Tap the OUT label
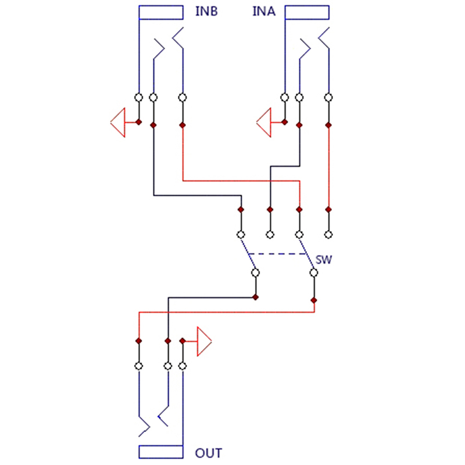pos(209,453)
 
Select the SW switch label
pos(324,260)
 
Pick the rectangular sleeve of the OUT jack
pos(163,452)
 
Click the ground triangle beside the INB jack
pos(119,123)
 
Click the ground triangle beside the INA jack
pos(264,123)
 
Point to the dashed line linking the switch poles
pos(277,254)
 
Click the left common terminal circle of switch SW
pos(255,272)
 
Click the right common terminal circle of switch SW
pos(314,272)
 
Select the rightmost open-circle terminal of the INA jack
pos(328,97)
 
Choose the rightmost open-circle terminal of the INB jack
pos(183,97)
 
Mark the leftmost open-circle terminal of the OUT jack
pos(139,366)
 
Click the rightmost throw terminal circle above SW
pos(328,234)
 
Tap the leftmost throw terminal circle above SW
pos(241,234)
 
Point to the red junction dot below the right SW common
pos(314,301)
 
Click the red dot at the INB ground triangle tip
pos(138,122)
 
